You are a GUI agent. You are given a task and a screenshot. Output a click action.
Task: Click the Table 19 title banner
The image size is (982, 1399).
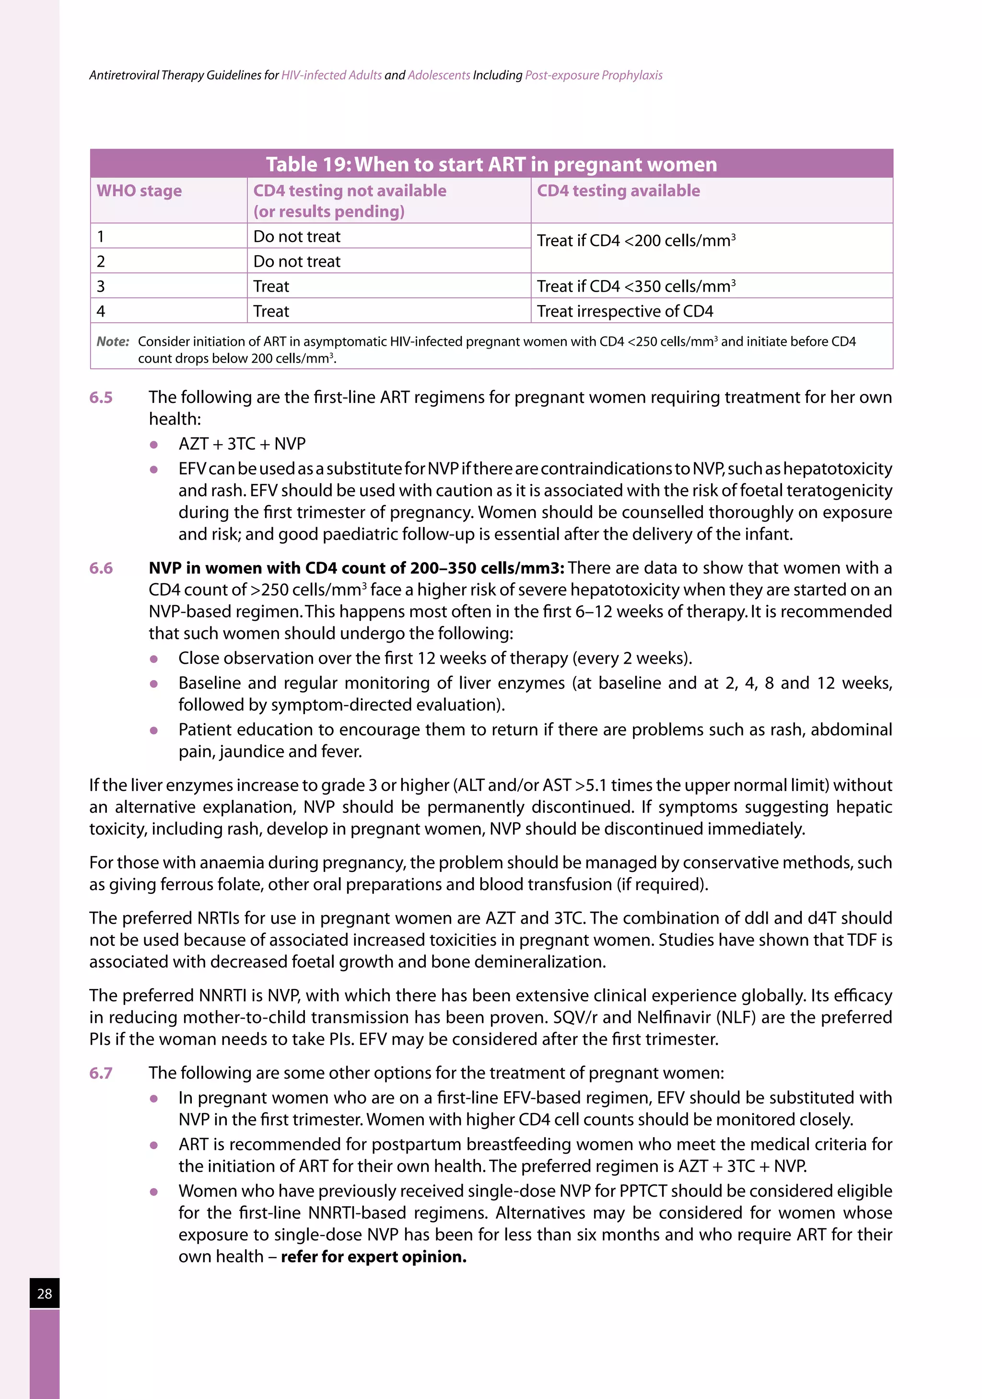click(491, 164)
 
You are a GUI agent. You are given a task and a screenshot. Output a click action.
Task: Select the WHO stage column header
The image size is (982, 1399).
click(139, 191)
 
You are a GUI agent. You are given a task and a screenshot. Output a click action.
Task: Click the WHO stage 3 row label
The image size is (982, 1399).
click(101, 286)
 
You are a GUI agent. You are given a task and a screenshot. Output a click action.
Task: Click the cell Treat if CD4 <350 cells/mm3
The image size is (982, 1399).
click(635, 286)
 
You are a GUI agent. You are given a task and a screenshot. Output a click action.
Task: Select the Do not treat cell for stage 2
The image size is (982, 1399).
click(297, 261)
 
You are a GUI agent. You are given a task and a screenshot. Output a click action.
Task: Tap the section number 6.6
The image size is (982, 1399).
click(101, 568)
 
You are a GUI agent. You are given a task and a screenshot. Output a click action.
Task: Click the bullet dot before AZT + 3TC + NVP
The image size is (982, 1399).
click(153, 444)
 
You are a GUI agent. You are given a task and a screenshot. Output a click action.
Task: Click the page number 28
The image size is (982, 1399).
click(45, 1293)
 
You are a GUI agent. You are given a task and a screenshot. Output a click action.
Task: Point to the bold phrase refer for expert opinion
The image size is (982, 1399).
click(374, 1257)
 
